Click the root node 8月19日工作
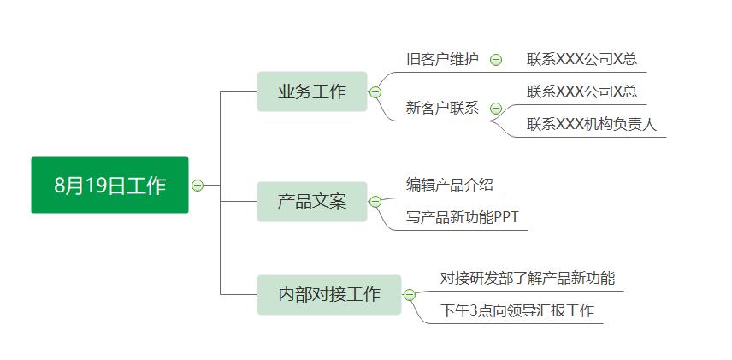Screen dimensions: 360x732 109,185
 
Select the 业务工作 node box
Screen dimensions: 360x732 312,91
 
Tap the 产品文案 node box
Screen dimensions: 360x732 312,202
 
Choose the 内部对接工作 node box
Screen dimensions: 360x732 329,294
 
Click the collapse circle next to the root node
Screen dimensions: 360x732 198,185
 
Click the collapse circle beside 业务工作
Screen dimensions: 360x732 375,92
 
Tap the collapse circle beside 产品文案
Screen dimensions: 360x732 375,202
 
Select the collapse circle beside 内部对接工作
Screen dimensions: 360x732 409,295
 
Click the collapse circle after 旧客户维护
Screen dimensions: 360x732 496,60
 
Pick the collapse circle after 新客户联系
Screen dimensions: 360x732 496,109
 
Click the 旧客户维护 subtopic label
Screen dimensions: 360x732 442,60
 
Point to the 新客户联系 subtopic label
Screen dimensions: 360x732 442,109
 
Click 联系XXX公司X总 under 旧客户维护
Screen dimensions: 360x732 581,60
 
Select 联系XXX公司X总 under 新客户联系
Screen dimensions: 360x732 581,91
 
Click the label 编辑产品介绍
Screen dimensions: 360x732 449,185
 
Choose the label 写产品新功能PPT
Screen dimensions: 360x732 462,217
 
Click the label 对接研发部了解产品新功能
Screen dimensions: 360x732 528,278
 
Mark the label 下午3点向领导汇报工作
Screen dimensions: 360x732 517,310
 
